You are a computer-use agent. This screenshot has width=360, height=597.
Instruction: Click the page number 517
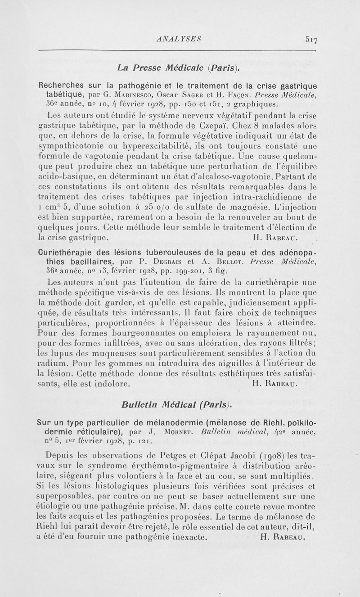tap(310, 39)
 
